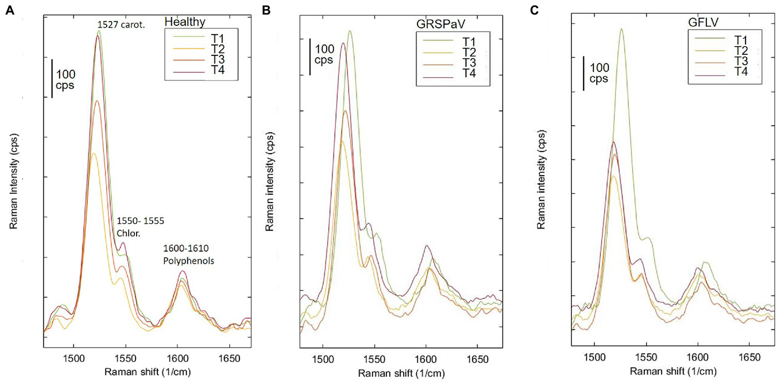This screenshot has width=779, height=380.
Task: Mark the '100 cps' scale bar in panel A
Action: tap(52, 79)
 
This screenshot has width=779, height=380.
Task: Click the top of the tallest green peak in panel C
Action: tap(621, 29)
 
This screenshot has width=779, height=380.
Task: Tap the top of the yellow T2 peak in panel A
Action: tap(92, 153)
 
